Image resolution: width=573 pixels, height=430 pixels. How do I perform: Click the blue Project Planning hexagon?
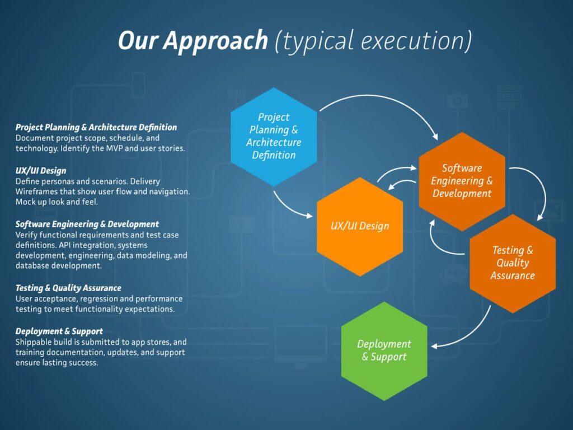pyautogui.click(x=274, y=136)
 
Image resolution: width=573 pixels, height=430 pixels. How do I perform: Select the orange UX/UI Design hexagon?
pyautogui.click(x=359, y=226)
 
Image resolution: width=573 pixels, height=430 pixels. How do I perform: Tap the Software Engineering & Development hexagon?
pyautogui.click(x=462, y=181)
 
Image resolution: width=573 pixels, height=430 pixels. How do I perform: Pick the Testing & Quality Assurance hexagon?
pyautogui.click(x=513, y=263)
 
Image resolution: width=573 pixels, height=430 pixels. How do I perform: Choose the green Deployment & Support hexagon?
pyautogui.click(x=384, y=350)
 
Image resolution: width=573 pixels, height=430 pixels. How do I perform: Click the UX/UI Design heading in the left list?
pyautogui.click(x=41, y=171)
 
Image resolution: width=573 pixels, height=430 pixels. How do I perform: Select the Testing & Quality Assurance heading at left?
pyautogui.click(x=68, y=288)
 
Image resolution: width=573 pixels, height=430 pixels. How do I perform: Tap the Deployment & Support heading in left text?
pyautogui.click(x=59, y=331)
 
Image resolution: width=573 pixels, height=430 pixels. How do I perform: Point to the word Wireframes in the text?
pyautogui.click(x=39, y=191)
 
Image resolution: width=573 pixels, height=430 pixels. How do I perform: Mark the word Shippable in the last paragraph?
pyautogui.click(x=35, y=342)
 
